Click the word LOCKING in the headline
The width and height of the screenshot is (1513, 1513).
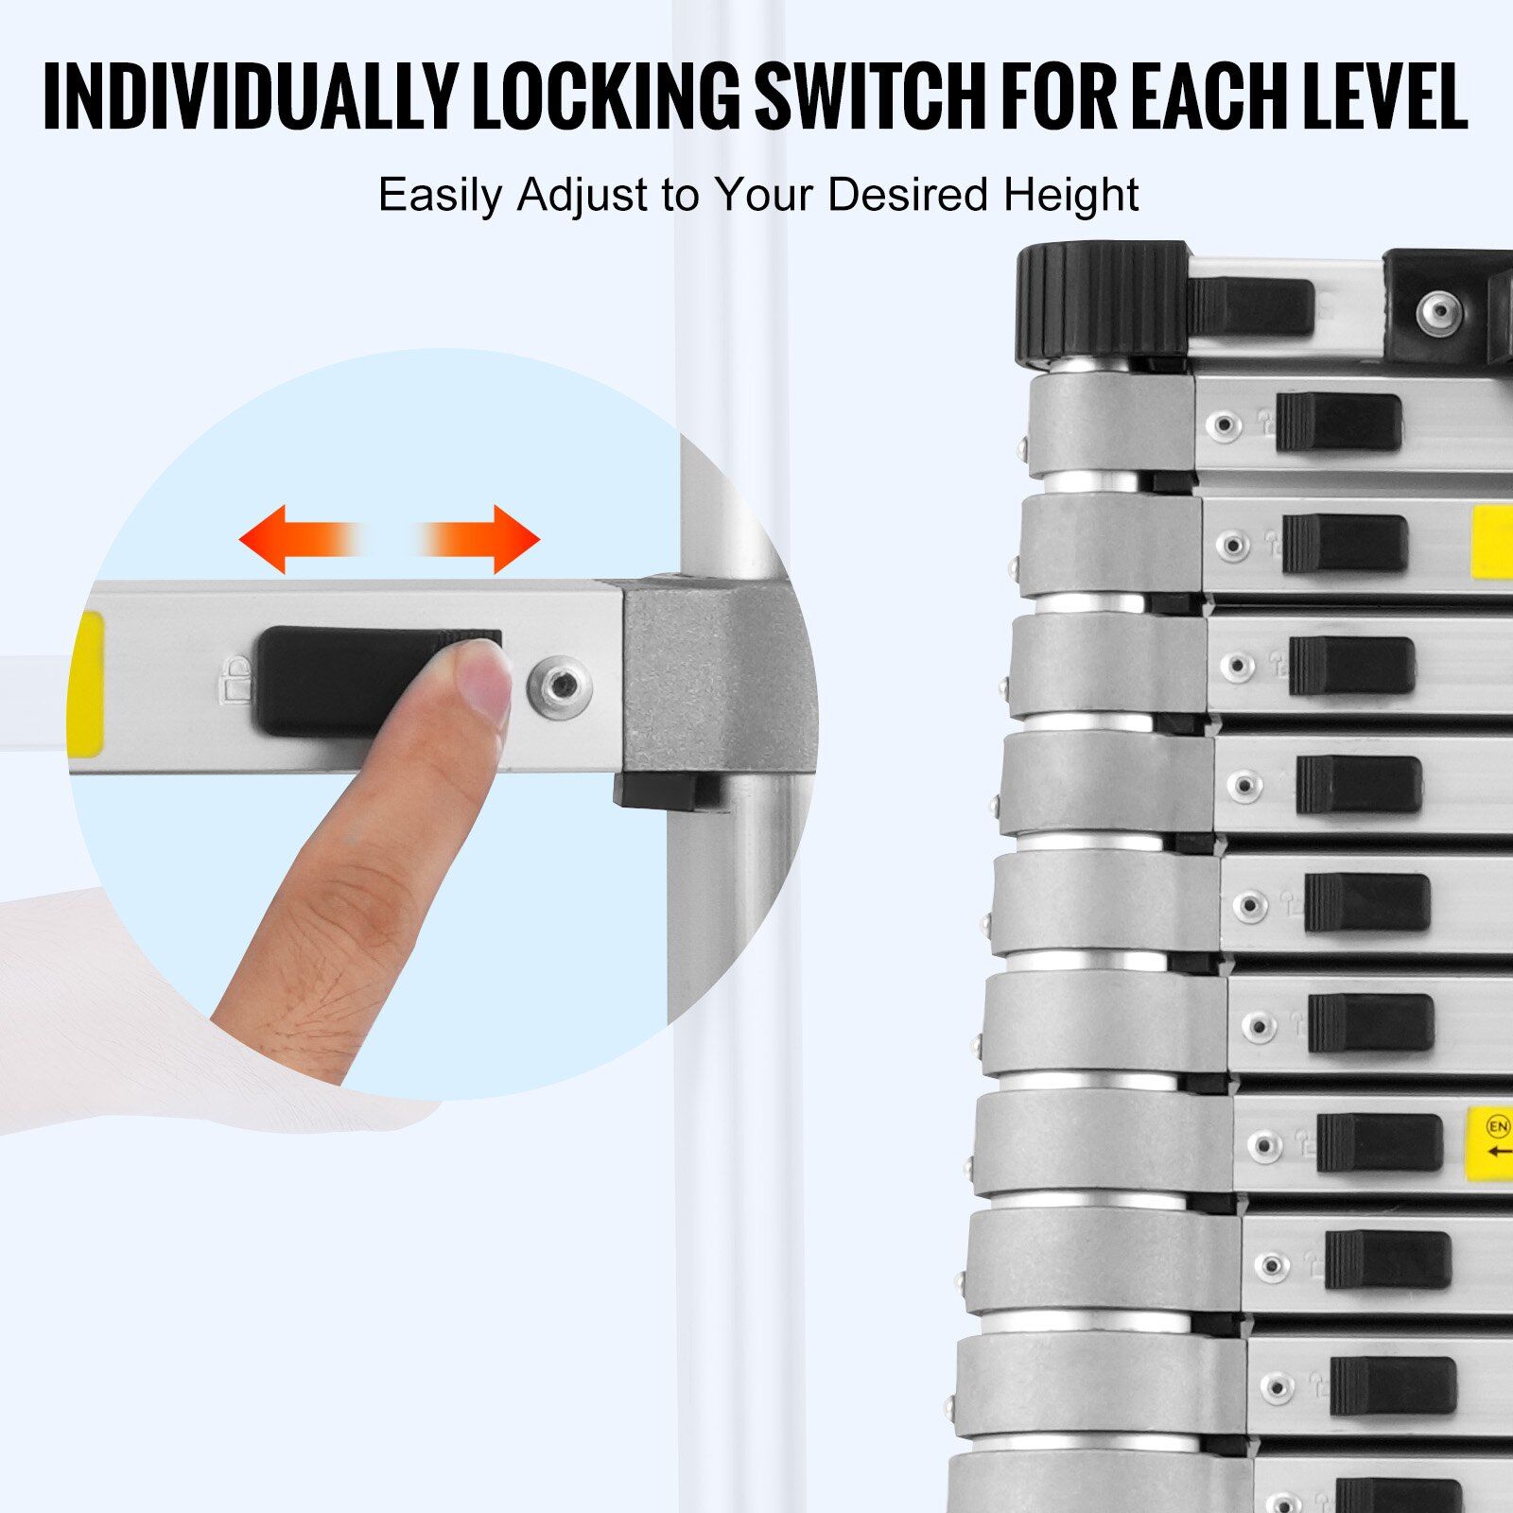point(606,97)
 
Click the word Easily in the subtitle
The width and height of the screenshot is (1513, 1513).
point(439,196)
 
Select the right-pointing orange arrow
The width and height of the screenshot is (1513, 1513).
point(478,539)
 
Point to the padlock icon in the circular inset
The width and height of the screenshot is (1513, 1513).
point(233,681)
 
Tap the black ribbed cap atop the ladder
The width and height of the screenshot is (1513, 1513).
point(1103,304)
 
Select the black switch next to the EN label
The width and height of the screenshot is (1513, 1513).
point(1380,1142)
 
